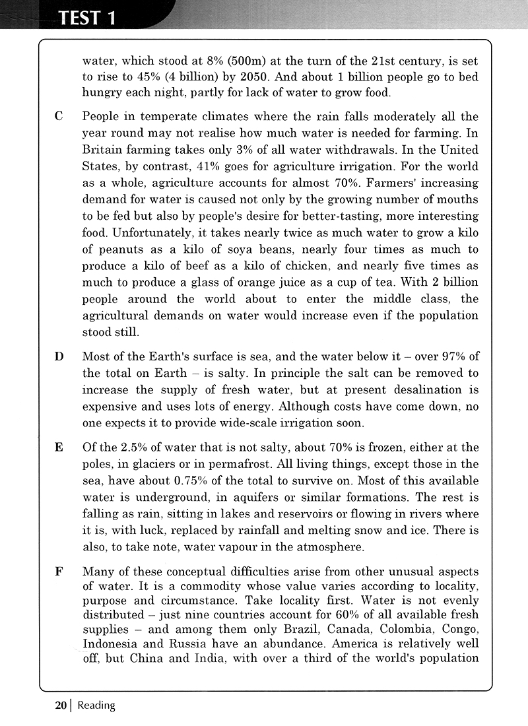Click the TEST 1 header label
tap(87, 17)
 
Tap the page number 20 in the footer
tap(60, 706)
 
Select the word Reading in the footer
tap(96, 706)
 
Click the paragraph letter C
tap(59, 117)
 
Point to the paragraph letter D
tap(59, 357)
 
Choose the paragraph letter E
tap(59, 447)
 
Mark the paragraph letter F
tap(59, 571)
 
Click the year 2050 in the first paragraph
tap(209, 76)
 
